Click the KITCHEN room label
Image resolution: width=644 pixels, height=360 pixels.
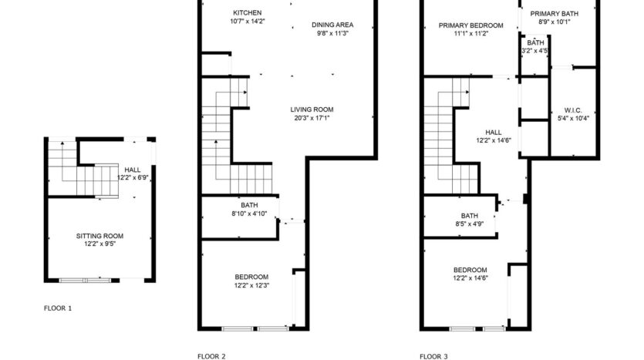pos(247,13)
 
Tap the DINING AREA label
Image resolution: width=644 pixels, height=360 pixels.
pos(332,24)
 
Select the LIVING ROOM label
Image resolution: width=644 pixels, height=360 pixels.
pos(312,109)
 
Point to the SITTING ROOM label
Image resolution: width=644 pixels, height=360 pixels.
pos(99,236)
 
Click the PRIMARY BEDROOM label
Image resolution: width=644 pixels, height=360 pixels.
pos(470,25)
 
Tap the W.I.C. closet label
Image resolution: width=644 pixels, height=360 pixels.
pos(572,109)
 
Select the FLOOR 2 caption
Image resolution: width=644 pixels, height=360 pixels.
pos(211,356)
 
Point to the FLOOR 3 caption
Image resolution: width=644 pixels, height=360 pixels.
pos(433,356)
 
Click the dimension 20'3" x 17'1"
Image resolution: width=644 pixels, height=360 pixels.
pos(312,118)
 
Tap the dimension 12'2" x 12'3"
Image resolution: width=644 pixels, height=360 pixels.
pos(251,285)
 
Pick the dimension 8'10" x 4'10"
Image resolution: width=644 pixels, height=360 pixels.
pos(249,214)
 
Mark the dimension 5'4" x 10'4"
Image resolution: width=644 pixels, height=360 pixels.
pos(572,118)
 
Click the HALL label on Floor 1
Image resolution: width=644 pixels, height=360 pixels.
pos(133,170)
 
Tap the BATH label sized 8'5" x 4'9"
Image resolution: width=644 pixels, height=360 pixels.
pos(469,216)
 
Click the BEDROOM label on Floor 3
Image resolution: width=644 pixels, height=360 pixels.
pos(469,269)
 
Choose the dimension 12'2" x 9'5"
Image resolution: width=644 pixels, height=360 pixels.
pos(99,245)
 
